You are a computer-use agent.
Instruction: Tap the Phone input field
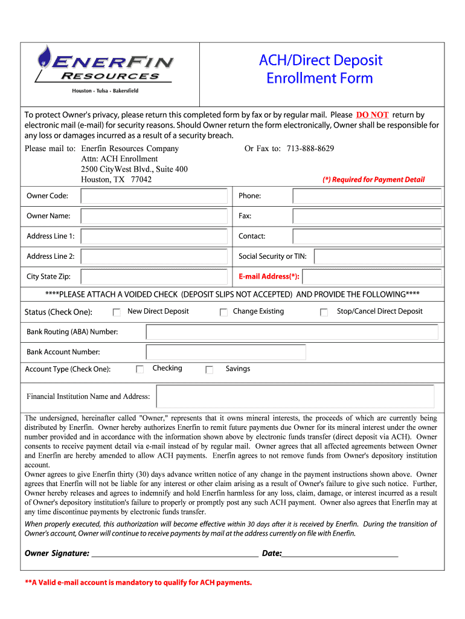[367, 196]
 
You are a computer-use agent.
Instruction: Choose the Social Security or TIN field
[377, 256]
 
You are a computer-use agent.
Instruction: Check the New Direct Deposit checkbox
[117, 312]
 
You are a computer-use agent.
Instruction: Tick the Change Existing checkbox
[223, 312]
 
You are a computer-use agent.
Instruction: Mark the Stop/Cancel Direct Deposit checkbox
[324, 312]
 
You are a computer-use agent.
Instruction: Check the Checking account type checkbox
[139, 369]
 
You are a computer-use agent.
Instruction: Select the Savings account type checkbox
[210, 369]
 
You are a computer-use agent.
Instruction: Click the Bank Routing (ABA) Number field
[292, 332]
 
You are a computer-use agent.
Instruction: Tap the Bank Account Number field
[226, 352]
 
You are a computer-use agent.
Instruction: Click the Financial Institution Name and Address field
[295, 397]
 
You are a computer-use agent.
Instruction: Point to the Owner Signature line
[174, 553]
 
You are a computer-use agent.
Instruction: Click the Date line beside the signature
[340, 553]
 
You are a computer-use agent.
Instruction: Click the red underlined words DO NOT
[372, 115]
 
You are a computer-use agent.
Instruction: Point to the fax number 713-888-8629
[310, 149]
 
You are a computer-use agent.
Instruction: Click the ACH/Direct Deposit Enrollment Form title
[320, 69]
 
